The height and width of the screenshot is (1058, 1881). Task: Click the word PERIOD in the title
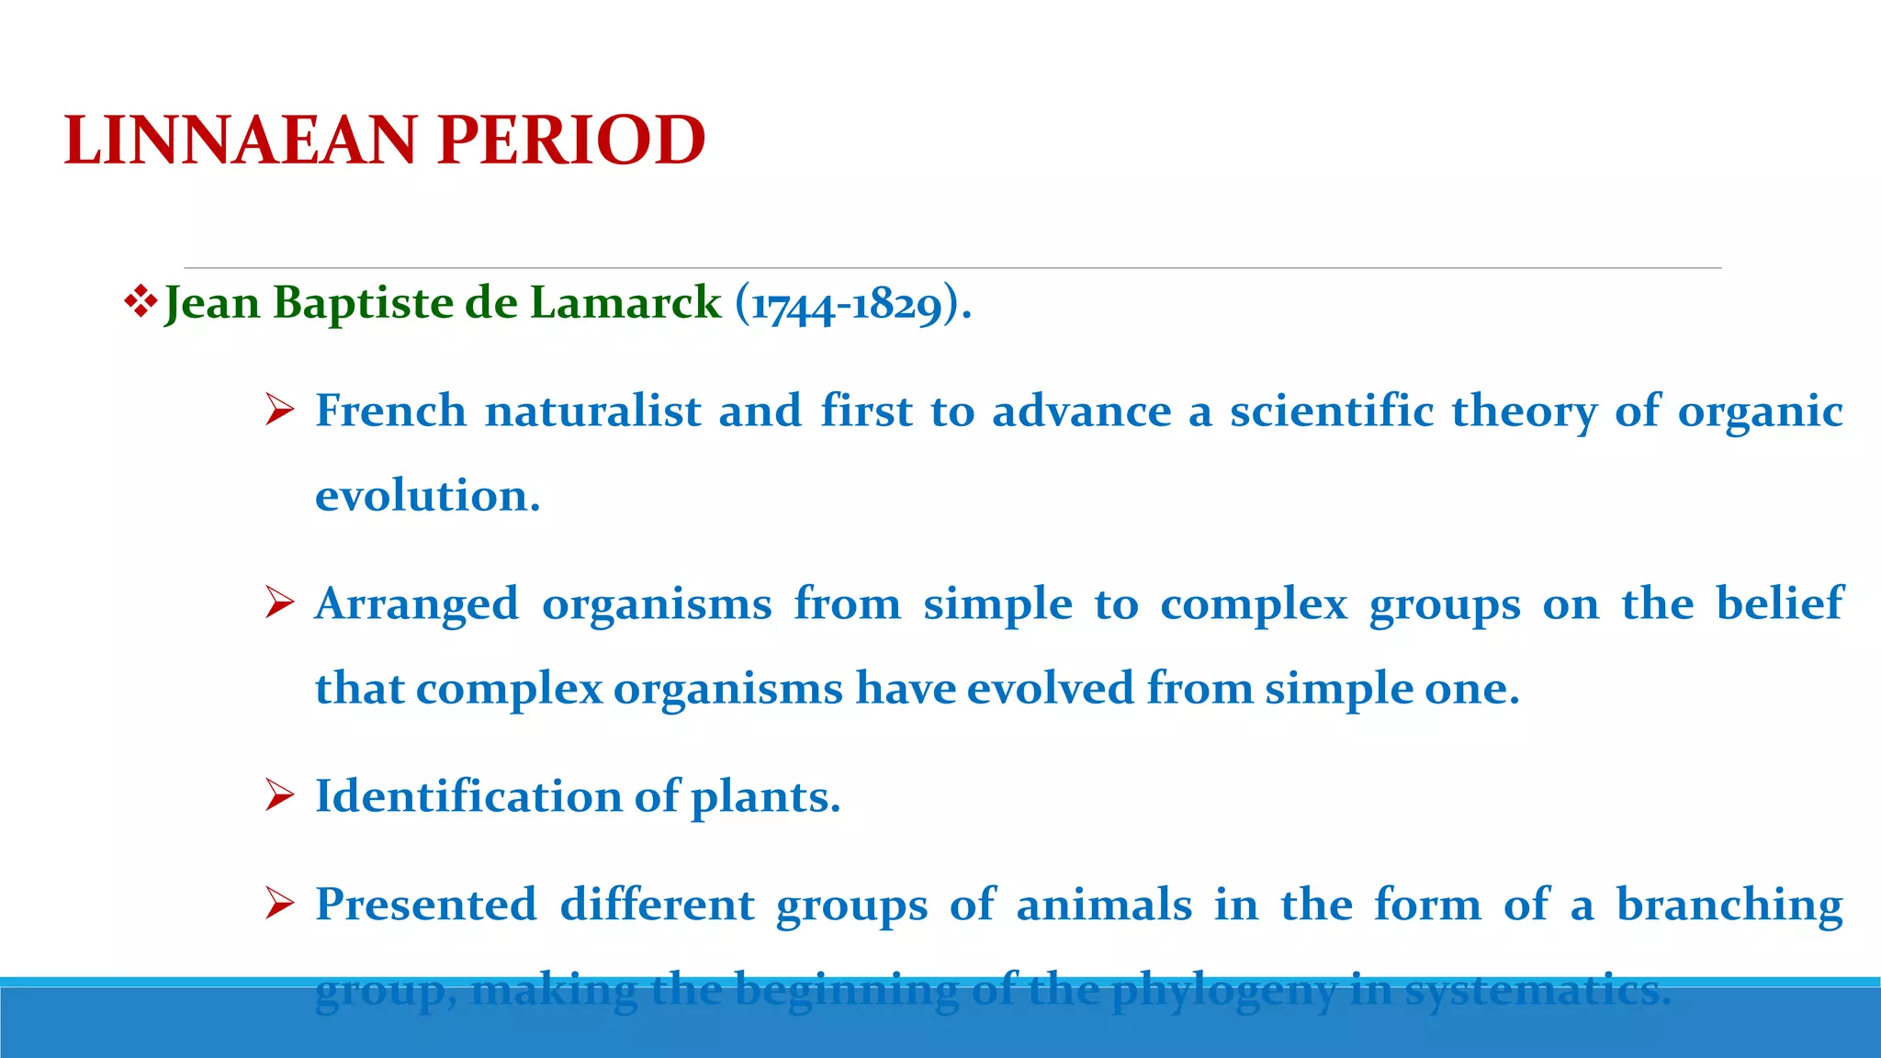pos(570,141)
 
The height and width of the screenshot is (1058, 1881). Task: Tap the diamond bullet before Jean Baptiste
pos(140,302)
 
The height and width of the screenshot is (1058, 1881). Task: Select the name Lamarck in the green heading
pos(625,303)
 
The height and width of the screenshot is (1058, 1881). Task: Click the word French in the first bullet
pos(390,411)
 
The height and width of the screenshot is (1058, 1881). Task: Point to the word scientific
pos(1332,411)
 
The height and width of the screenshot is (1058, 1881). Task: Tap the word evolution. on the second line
pos(427,496)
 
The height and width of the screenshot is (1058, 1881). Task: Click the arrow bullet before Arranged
pos(278,603)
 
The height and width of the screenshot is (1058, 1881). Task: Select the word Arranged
pos(416,604)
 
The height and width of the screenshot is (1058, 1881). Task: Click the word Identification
pos(468,796)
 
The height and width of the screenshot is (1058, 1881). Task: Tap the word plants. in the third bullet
pos(765,797)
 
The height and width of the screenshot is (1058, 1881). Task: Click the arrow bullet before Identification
pos(278,795)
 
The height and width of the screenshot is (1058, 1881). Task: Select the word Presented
pos(426,905)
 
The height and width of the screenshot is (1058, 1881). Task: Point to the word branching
pos(1729,906)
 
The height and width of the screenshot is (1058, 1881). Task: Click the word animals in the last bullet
pos(1104,905)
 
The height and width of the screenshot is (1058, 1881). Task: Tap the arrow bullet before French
pos(278,411)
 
